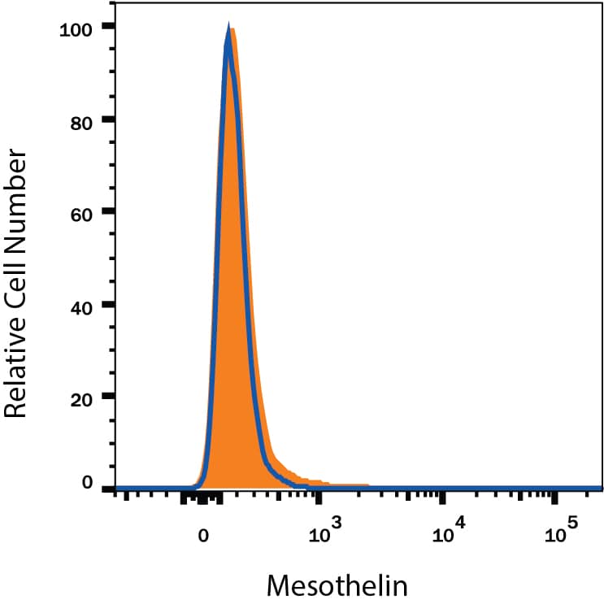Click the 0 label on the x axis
204,536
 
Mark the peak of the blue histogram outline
228,27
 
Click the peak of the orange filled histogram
233,29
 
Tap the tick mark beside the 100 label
107,28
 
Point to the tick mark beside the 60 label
107,213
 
